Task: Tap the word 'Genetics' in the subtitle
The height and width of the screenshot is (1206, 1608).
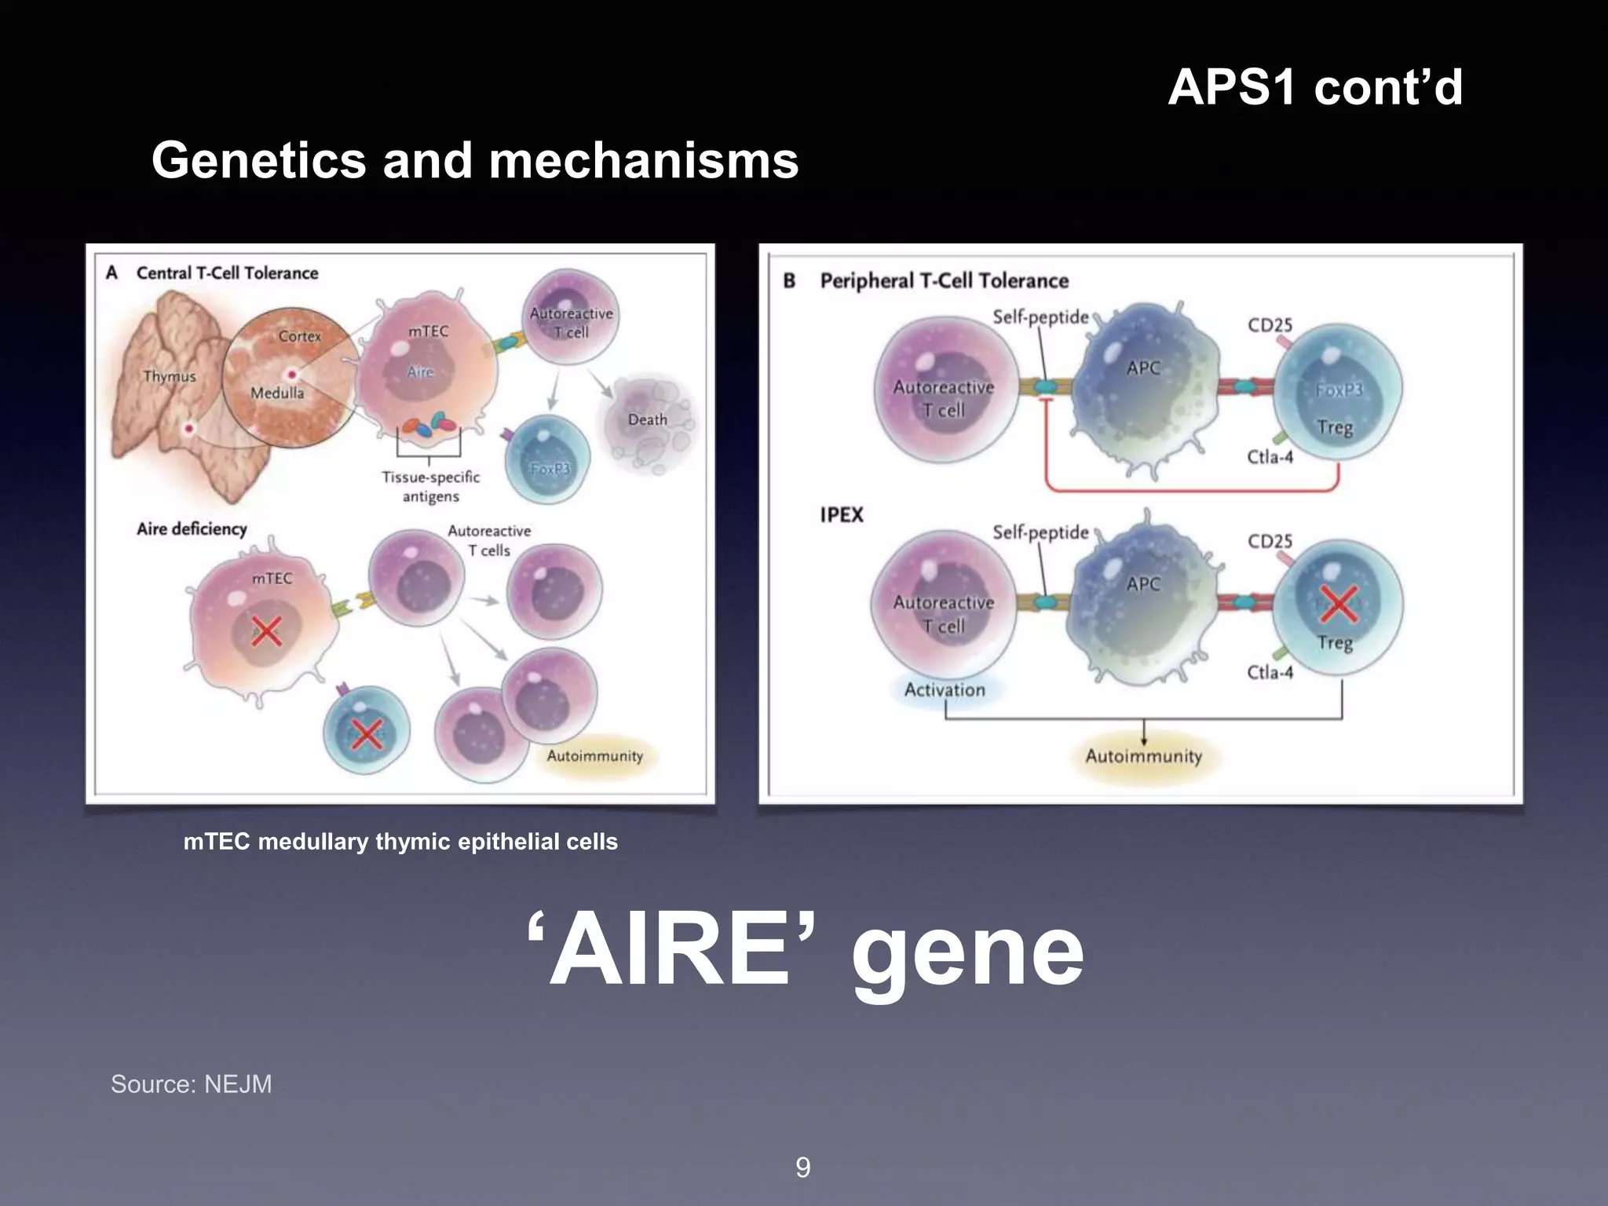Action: pos(259,160)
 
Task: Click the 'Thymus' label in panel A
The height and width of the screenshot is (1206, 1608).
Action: pos(170,376)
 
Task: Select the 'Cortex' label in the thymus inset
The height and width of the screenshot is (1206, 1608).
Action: pos(300,336)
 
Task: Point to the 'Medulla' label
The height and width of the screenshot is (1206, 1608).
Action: pos(277,393)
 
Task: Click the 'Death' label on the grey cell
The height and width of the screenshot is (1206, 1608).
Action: pos(647,420)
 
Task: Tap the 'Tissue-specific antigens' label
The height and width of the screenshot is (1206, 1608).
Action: pos(430,487)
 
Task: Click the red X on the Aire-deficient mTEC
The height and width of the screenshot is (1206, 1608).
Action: pos(266,630)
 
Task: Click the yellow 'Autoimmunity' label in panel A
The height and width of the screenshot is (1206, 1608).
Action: pos(594,756)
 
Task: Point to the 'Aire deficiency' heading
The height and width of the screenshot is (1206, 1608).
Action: pos(192,529)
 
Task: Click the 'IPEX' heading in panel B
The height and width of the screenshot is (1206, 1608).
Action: pos(841,515)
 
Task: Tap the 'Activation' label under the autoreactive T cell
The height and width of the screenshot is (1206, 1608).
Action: pos(945,690)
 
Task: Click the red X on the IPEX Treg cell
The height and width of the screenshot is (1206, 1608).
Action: pos(1339,604)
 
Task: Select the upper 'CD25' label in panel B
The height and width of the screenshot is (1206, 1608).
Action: pos(1270,325)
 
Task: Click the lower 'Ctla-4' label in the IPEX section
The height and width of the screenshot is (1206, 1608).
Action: pos(1270,672)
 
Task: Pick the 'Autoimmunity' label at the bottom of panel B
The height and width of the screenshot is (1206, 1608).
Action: pos(1143,756)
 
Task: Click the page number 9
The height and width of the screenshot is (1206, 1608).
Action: pos(802,1168)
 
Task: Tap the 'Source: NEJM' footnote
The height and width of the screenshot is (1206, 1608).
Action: pos(191,1084)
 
